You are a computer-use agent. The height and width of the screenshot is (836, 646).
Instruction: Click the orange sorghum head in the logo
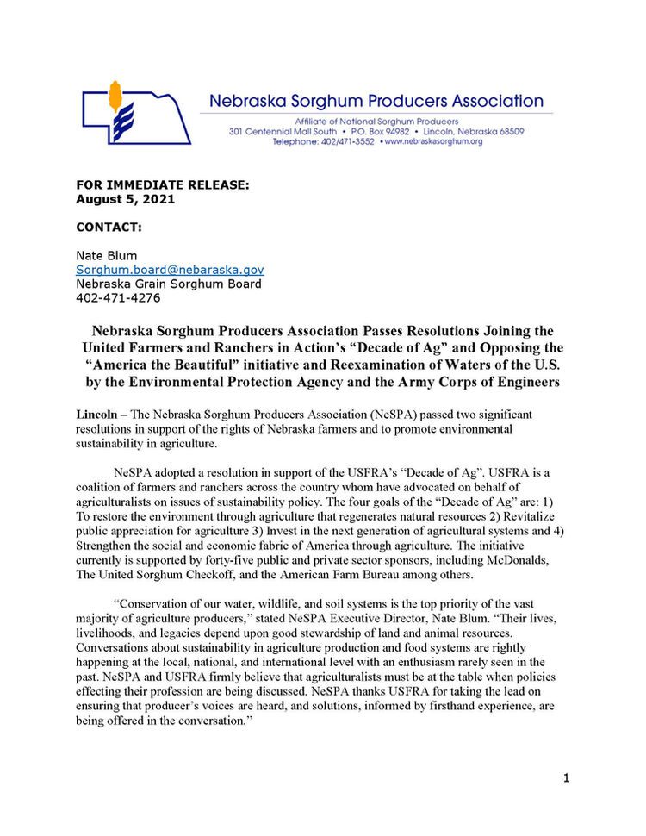point(115,96)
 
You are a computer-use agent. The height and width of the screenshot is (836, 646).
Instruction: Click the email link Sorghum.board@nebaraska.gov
point(170,270)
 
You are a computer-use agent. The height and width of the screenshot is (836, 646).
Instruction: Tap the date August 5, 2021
point(125,199)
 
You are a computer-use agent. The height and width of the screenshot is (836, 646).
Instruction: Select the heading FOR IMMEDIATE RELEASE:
point(163,185)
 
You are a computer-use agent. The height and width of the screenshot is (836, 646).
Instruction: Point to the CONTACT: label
point(109,228)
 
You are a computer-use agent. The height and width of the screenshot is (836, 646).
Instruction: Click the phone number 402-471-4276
point(117,298)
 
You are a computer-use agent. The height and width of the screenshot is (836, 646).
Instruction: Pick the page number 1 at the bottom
point(566,779)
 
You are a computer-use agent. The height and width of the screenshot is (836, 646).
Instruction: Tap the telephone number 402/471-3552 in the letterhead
point(342,141)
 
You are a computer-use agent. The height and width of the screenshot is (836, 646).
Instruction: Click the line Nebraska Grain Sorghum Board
point(169,284)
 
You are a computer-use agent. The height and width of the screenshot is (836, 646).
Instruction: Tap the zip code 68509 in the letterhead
point(508,131)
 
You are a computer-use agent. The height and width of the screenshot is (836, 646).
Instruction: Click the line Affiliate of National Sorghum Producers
point(376,121)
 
